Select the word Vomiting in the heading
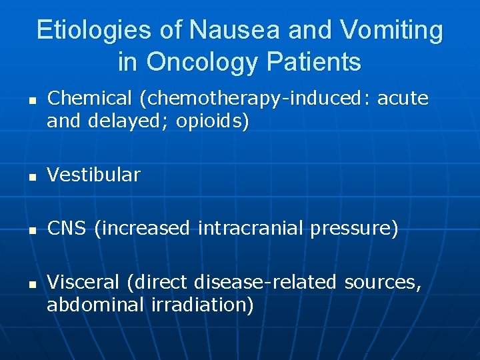(391, 30)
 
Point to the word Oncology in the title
(203, 62)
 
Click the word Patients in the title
(313, 62)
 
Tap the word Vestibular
(94, 175)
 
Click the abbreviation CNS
(67, 229)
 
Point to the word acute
(403, 99)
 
